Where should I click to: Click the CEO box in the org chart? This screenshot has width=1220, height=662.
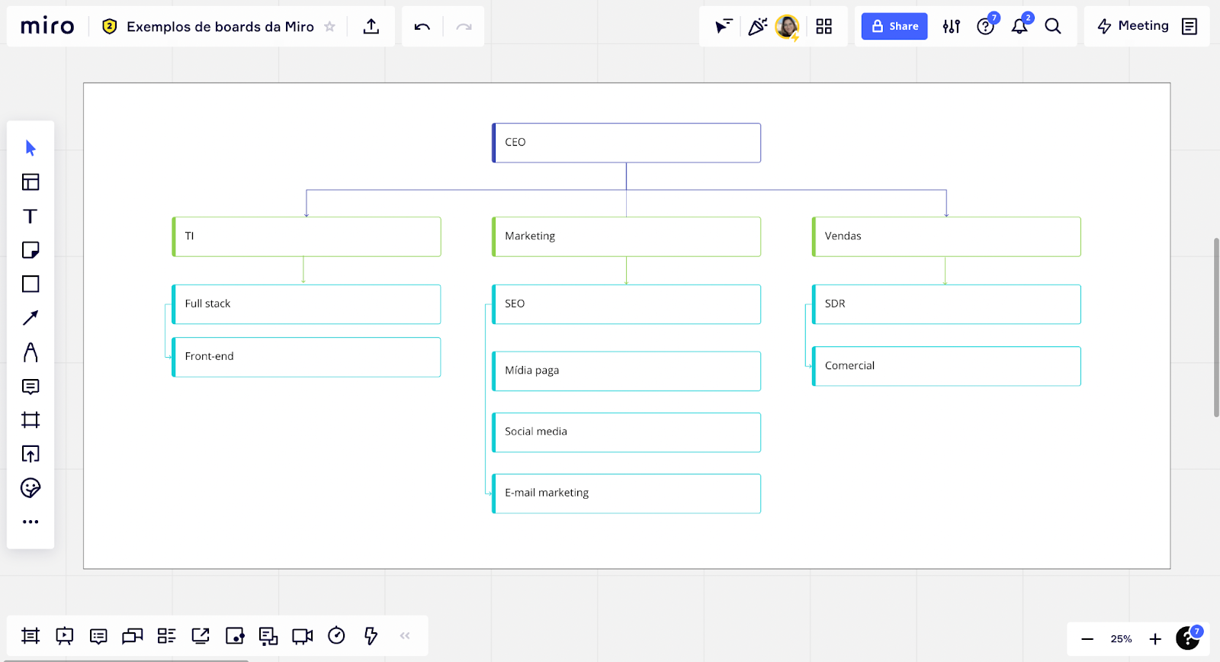pyautogui.click(x=626, y=143)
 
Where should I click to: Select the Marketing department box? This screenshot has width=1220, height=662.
pyautogui.click(x=626, y=236)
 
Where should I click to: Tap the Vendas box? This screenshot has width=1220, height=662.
pyautogui.click(x=946, y=236)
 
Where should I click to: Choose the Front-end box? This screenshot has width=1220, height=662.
pyautogui.click(x=306, y=357)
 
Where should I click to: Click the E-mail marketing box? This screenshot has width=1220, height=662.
pyautogui.click(x=626, y=493)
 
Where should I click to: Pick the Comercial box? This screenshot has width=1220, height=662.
pyautogui.click(x=946, y=366)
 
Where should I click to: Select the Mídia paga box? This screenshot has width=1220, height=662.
pyautogui.click(x=626, y=371)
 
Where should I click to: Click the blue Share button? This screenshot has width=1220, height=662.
pyautogui.click(x=894, y=26)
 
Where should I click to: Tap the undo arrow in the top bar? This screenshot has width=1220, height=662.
pyautogui.click(x=422, y=27)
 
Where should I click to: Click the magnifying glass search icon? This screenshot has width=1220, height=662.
pyautogui.click(x=1053, y=26)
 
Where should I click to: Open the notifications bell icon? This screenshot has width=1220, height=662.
pyautogui.click(x=1019, y=26)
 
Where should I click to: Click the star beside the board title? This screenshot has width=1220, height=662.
pyautogui.click(x=329, y=26)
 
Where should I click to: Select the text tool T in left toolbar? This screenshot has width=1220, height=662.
pyautogui.click(x=30, y=217)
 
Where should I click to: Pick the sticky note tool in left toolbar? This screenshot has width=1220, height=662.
pyautogui.click(x=30, y=250)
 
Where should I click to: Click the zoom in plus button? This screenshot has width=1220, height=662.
pyautogui.click(x=1155, y=638)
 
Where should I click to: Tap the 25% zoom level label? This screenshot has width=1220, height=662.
pyautogui.click(x=1121, y=638)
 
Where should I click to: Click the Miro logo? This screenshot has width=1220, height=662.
pyautogui.click(x=47, y=26)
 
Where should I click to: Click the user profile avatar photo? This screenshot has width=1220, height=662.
pyautogui.click(x=786, y=26)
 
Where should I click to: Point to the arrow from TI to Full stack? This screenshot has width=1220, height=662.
pyautogui.click(x=303, y=270)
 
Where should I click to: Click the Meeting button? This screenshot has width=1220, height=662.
pyautogui.click(x=1132, y=26)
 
